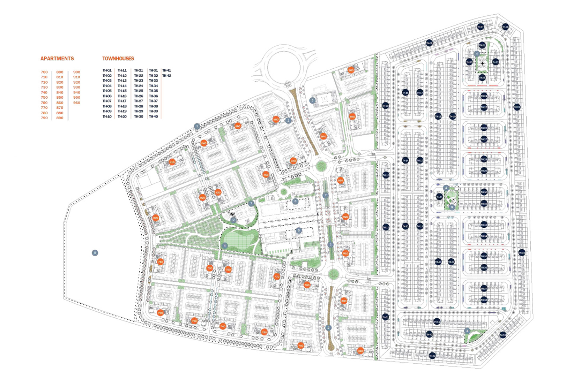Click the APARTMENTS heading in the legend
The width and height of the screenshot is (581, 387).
point(57,59)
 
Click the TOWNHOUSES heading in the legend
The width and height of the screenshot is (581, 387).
point(118,59)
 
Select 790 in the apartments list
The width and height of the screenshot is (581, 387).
point(44,118)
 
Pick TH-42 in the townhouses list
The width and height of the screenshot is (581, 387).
point(166,76)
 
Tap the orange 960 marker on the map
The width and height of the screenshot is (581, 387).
point(351,70)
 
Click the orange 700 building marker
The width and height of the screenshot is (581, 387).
point(160,313)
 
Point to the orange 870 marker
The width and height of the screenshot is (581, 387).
point(293,161)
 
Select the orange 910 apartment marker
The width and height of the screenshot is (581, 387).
point(345,253)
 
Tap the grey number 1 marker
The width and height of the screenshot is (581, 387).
point(197,126)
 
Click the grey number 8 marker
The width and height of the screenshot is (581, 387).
point(95,253)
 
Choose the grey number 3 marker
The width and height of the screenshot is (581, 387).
point(312,100)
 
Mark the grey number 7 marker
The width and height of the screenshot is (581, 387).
point(251,203)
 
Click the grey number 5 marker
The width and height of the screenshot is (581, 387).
point(298,230)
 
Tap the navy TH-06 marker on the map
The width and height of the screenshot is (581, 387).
point(505,27)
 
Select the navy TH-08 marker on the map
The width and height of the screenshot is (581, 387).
point(429,43)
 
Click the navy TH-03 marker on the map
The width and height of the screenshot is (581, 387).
point(502,335)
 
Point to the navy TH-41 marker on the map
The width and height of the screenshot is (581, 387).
point(437,321)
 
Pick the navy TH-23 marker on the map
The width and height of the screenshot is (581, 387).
point(482,78)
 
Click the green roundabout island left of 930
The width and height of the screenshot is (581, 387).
point(320,166)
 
